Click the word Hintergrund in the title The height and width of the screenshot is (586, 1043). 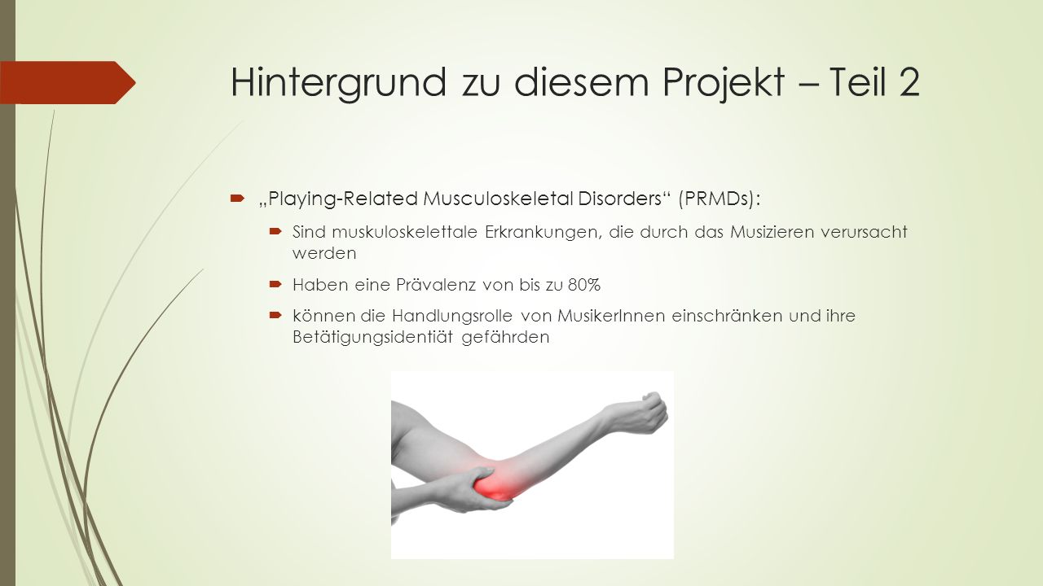tap(338, 83)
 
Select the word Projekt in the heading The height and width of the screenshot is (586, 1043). tap(723, 84)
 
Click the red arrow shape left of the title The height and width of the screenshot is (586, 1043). tap(68, 82)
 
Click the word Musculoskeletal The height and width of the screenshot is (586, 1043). tap(498, 199)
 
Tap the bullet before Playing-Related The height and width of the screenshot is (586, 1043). tap(237, 199)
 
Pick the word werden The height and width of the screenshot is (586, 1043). tap(324, 253)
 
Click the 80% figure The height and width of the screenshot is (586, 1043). tap(584, 285)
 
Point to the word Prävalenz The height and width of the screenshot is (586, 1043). tap(436, 285)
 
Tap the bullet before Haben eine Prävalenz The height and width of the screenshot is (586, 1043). tap(275, 284)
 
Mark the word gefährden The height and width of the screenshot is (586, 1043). tap(505, 337)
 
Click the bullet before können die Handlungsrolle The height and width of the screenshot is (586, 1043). tap(275, 315)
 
